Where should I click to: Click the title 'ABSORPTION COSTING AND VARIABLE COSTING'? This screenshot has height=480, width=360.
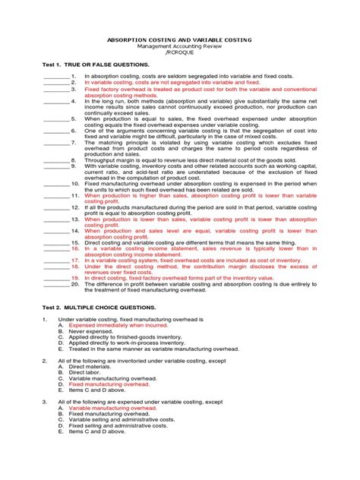[180, 39]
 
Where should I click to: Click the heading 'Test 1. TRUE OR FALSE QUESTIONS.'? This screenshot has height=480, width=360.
[95, 66]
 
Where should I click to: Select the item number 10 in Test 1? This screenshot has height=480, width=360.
[75, 184]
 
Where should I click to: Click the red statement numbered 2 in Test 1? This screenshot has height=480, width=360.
[172, 82]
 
